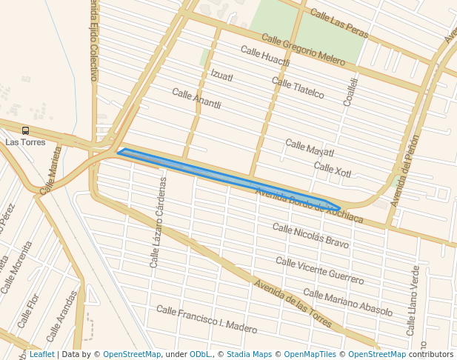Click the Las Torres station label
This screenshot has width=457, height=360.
coord(25,141)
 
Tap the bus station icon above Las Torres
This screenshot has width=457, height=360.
coord(26,130)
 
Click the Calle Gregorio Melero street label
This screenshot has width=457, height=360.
coord(303,50)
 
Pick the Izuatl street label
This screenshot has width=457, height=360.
coord(221,76)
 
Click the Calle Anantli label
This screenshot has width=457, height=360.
coord(196,99)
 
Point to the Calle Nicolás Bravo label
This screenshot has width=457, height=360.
coord(310,235)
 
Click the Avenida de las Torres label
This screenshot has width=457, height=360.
coord(293,304)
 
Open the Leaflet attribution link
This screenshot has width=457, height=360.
coord(41,354)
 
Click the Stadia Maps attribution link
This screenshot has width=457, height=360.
coord(249,354)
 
